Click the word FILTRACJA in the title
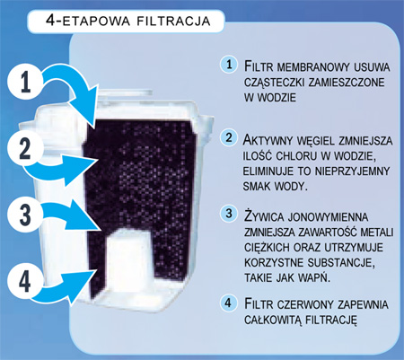(173, 21)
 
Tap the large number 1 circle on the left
(24, 82)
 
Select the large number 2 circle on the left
(24, 148)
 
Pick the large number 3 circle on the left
(24, 215)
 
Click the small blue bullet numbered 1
(229, 65)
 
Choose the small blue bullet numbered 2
(229, 137)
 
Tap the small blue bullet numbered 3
(229, 214)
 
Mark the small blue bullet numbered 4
(229, 303)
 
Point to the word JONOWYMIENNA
(328, 216)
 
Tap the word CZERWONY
(305, 304)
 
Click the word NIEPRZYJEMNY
(352, 171)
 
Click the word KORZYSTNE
(274, 262)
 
